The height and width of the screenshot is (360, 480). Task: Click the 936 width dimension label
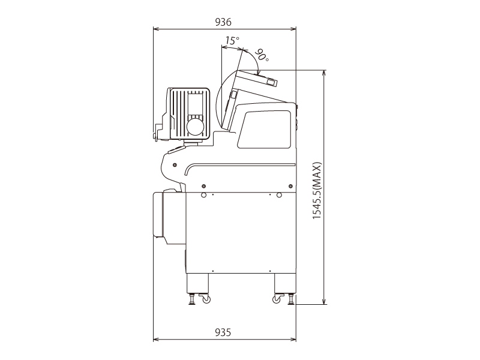[x=223, y=22]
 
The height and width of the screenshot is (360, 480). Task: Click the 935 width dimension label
[x=223, y=332]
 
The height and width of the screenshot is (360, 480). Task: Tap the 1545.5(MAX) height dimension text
[x=317, y=190]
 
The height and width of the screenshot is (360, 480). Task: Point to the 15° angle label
[x=232, y=40]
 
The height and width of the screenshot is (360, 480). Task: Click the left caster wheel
[x=206, y=299]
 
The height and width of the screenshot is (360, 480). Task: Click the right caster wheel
[x=277, y=299]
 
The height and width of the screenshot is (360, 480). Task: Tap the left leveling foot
[x=192, y=299]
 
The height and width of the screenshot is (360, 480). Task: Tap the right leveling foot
[x=291, y=299]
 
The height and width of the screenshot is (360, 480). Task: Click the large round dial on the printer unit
[x=195, y=126]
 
